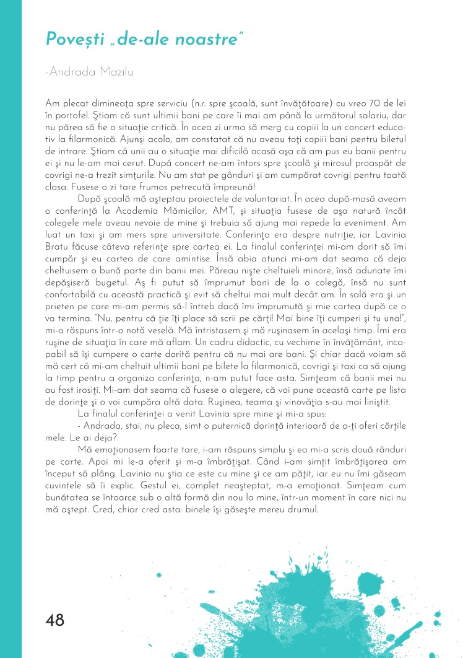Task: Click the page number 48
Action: pyautogui.click(x=55, y=620)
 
